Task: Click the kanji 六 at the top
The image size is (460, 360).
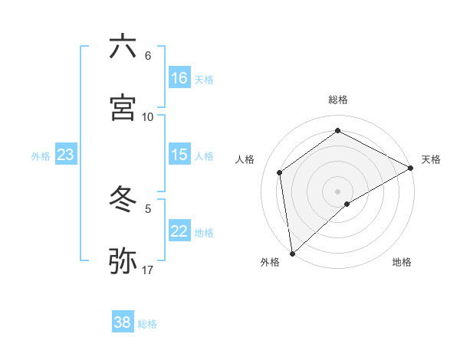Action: coord(123,47)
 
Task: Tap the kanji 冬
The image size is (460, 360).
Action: coord(123,200)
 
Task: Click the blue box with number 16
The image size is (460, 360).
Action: coord(179,77)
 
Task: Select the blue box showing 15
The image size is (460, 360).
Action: coord(179,155)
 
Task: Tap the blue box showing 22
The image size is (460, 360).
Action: coord(179,231)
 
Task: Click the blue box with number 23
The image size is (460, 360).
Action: coord(66,155)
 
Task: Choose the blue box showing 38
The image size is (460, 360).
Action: coord(123,322)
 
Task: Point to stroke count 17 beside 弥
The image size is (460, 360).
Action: coord(148,270)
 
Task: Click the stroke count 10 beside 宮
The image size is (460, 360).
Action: coord(148,116)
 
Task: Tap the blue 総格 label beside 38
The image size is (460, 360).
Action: coord(147,324)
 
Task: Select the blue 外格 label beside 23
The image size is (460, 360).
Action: coord(41,155)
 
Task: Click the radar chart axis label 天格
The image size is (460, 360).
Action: coord(431,159)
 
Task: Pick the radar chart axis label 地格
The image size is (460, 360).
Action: coord(402,262)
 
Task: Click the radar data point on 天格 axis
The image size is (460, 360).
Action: coord(411,168)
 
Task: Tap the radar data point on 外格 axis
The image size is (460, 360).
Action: coord(292,253)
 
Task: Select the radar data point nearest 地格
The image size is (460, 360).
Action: coord(347,204)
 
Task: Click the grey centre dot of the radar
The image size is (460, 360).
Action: coord(337,190)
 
